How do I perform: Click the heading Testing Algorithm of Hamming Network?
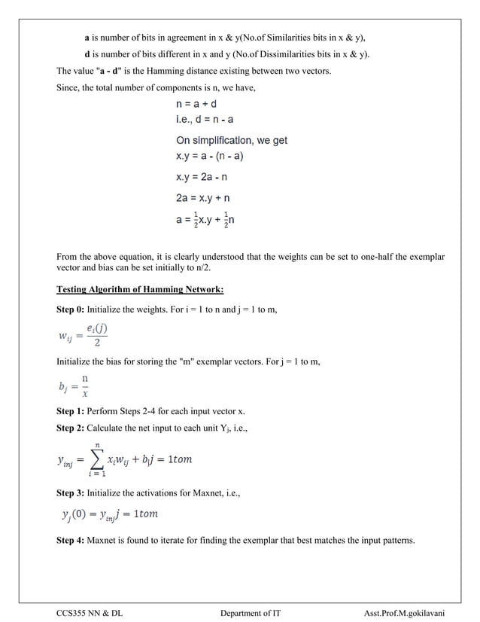click(140, 290)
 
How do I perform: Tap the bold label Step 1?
click(71, 412)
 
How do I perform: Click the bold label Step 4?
click(71, 541)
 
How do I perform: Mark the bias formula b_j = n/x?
click(76, 386)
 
